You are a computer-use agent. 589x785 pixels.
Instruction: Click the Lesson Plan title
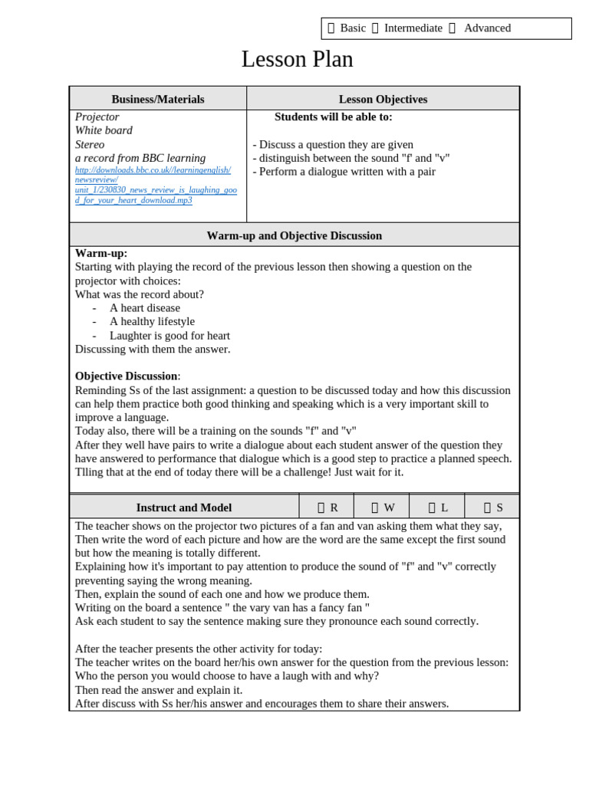pos(297,59)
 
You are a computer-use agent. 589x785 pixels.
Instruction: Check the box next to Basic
pos(331,28)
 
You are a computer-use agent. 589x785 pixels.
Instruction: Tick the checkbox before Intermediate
pos(375,28)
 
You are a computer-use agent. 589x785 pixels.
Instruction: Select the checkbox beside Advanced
pos(452,28)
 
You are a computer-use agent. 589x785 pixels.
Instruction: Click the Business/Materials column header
pos(158,99)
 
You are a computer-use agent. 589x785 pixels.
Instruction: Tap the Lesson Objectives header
pos(383,99)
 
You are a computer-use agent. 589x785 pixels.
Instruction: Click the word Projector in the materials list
pos(97,117)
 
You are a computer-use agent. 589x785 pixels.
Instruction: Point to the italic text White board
pos(104,130)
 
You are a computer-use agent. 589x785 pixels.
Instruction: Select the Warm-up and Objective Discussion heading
pos(294,235)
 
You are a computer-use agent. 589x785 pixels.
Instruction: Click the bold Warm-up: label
pos(101,253)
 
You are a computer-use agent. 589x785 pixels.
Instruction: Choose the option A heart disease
pos(144,307)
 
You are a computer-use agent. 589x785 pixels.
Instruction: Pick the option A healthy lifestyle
pos(152,321)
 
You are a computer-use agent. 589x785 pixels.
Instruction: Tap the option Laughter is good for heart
pos(169,335)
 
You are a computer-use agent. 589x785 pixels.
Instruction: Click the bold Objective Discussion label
pos(127,376)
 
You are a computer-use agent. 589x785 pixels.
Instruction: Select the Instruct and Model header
pos(183,507)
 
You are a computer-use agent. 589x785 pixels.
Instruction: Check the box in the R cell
pos(321,507)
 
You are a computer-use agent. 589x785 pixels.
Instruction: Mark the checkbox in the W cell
pos(375,507)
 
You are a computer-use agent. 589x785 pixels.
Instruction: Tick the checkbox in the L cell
pos(432,507)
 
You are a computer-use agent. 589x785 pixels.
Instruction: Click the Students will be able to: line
pos(333,117)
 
